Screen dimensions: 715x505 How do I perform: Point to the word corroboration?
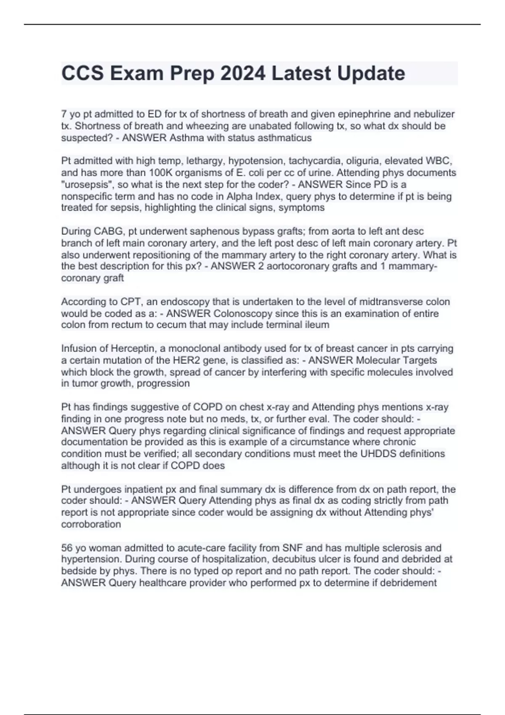[91, 524]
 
